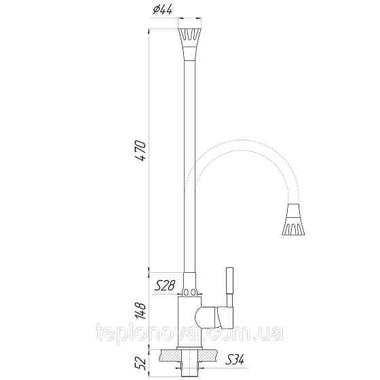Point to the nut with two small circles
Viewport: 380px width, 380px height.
coord(190,292)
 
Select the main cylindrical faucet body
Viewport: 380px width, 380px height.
coord(189,322)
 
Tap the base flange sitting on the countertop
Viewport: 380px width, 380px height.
coord(190,347)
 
